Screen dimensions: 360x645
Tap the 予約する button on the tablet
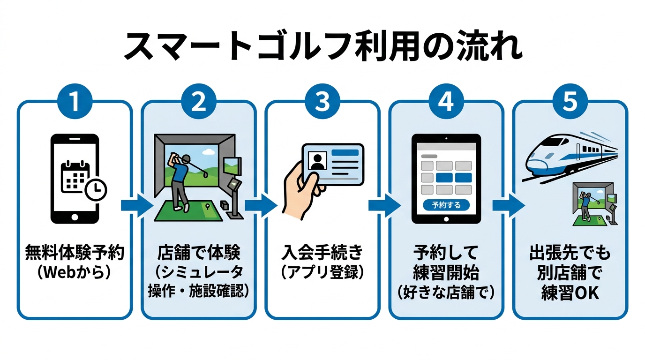click(446, 205)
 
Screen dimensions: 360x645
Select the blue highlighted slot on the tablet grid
click(446, 178)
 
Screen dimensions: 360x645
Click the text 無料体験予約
click(75, 254)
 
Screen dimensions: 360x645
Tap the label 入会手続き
click(322, 254)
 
